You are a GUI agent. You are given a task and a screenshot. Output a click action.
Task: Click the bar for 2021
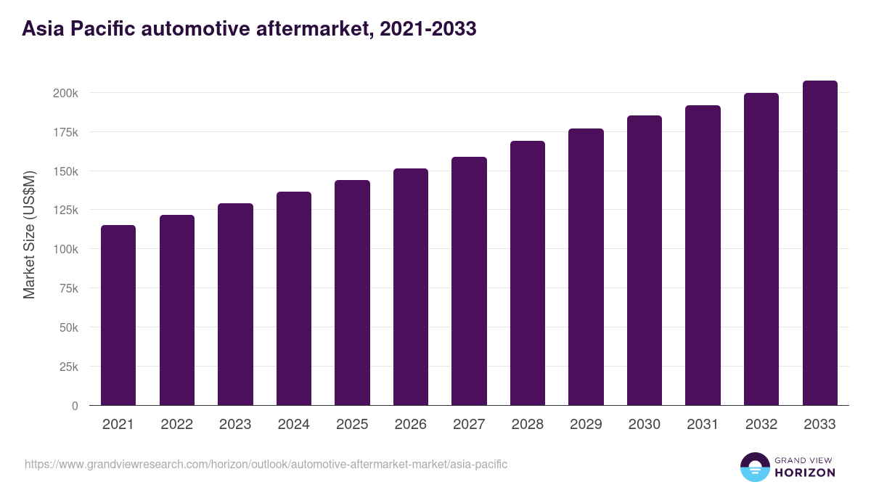[x=118, y=315]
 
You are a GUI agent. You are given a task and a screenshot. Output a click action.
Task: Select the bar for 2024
[x=294, y=298]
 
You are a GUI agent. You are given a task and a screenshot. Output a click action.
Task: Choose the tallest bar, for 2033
[x=819, y=242]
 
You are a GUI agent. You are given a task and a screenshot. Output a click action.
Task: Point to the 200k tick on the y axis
[x=65, y=93]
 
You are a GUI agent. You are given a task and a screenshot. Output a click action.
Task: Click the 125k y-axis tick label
[x=65, y=211]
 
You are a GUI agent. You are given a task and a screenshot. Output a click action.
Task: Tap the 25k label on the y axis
[x=68, y=367]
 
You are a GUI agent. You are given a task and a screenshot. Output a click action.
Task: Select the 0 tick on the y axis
[x=75, y=406]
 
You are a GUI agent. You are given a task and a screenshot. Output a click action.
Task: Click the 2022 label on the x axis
[x=177, y=425]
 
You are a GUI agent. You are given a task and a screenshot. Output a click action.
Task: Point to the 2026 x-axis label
[x=411, y=425]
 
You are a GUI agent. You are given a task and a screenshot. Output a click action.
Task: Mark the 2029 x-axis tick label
[x=586, y=425]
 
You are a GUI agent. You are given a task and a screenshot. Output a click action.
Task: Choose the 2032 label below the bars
[x=761, y=425]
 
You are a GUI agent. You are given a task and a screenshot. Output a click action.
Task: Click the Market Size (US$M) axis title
[x=29, y=234]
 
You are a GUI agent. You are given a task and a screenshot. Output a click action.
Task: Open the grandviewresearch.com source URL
[x=266, y=464]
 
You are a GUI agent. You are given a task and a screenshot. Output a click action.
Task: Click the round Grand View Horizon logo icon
[x=754, y=467]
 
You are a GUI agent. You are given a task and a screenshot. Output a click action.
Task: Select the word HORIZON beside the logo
[x=805, y=473]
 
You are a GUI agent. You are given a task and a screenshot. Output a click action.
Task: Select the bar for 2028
[x=528, y=273]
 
